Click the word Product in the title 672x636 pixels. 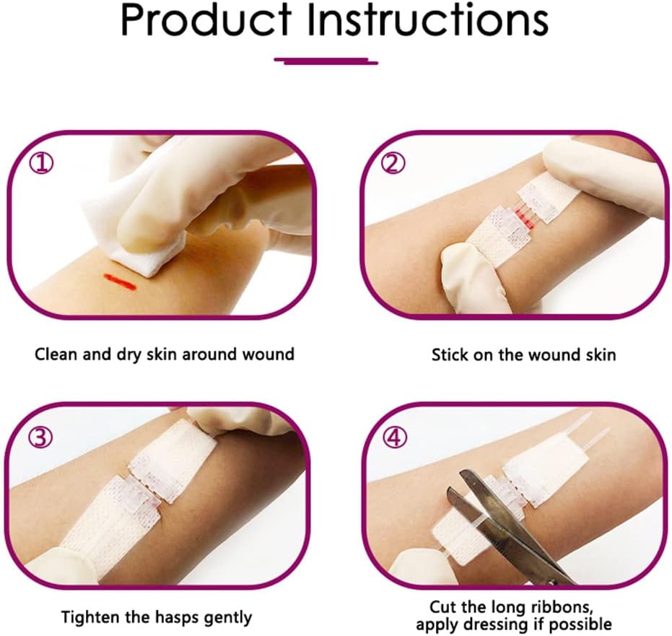click(206, 22)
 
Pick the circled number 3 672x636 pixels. click(41, 437)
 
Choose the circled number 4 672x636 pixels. click(394, 437)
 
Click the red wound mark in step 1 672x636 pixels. click(120, 281)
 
